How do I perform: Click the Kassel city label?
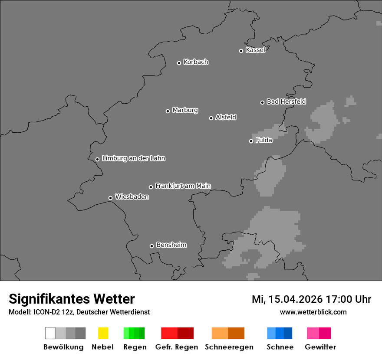click(255, 50)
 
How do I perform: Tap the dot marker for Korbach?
click(179, 63)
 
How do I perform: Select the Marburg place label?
click(185, 110)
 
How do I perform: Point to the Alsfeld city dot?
click(211, 118)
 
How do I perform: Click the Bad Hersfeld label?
click(286, 101)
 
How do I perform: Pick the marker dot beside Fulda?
click(251, 141)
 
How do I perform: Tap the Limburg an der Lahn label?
click(133, 158)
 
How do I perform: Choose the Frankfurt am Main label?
click(183, 186)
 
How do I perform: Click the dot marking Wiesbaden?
click(110, 198)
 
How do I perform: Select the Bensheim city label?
click(171, 245)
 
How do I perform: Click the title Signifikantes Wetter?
click(72, 299)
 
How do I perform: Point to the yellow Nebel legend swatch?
click(103, 333)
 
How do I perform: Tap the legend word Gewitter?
click(320, 347)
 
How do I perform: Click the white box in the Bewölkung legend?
click(50, 333)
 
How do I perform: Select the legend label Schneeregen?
click(229, 347)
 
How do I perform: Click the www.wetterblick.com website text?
click(313, 312)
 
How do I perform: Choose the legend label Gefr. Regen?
click(177, 347)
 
